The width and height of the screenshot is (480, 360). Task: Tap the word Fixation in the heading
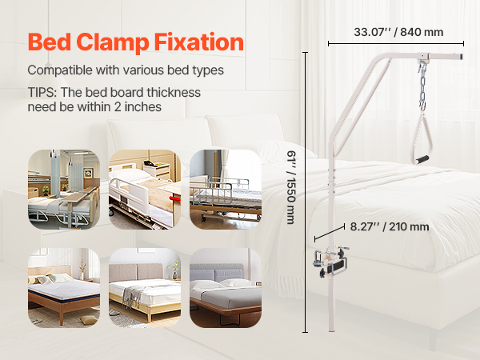tap(199, 42)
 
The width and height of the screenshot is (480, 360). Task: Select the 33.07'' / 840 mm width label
tap(398, 32)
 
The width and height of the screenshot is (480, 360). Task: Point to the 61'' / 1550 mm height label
tap(291, 187)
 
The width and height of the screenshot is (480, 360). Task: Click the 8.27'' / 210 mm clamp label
tap(390, 226)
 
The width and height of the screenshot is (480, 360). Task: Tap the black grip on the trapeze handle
tap(422, 159)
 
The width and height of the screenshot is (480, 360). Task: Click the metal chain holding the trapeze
tap(422, 85)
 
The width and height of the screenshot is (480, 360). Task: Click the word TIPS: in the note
tap(42, 92)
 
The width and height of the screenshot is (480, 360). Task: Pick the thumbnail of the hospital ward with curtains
tap(64, 190)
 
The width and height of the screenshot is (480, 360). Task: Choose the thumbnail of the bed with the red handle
tap(145, 190)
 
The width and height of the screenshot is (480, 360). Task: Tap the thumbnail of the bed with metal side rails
tap(226, 190)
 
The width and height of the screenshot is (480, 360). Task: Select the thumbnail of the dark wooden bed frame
tap(64, 288)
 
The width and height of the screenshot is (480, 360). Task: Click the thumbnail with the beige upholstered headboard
tap(145, 288)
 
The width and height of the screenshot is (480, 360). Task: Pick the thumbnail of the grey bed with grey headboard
tap(226, 288)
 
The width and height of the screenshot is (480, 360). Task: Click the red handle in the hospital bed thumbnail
tap(175, 199)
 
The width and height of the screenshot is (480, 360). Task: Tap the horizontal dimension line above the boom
tap(396, 43)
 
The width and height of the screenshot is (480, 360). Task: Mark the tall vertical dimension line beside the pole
tap(305, 192)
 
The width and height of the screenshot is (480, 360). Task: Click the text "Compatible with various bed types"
tap(126, 70)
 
